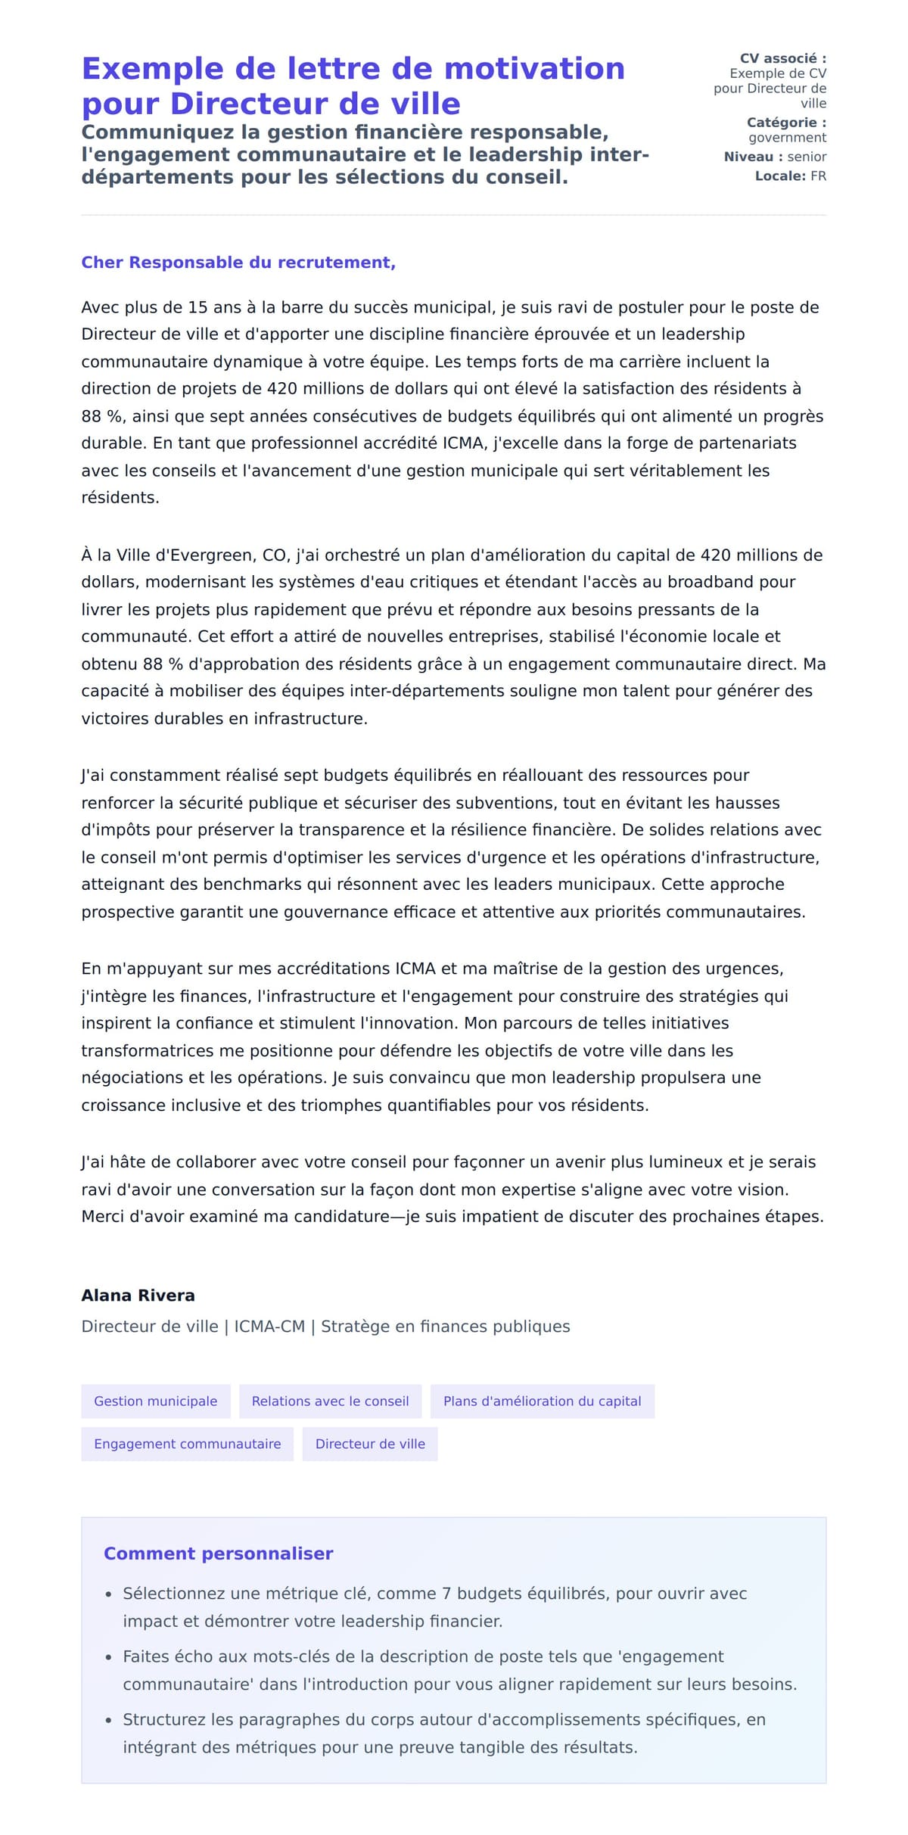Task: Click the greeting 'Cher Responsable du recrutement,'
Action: click(x=238, y=263)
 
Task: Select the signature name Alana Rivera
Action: click(x=138, y=1295)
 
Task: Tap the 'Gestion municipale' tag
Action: click(x=155, y=1401)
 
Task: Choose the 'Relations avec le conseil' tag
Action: click(x=330, y=1401)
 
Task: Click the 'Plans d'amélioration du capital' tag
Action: click(x=542, y=1401)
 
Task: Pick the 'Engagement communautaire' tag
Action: click(x=187, y=1444)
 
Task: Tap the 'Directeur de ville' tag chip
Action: click(x=370, y=1444)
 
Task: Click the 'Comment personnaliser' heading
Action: click(x=218, y=1554)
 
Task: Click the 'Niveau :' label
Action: click(x=753, y=157)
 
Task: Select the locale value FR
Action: click(x=818, y=176)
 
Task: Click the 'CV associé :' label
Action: click(x=782, y=58)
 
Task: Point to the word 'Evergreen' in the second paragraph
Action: click(x=218, y=555)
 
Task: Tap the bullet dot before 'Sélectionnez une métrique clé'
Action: click(x=108, y=1594)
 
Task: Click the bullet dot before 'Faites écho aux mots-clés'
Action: click(x=108, y=1657)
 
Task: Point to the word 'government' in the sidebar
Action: click(x=787, y=138)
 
